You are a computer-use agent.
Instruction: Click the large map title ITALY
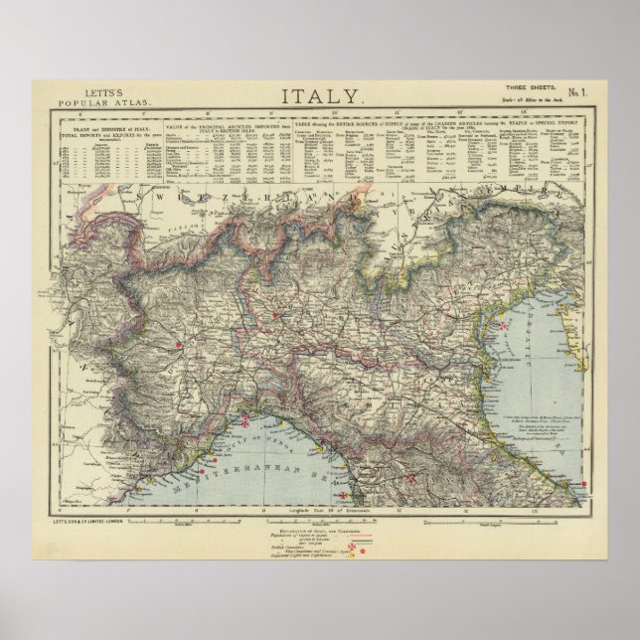click(322, 97)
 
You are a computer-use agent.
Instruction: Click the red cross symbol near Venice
click(503, 324)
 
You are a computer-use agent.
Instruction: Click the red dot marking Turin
click(179, 346)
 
